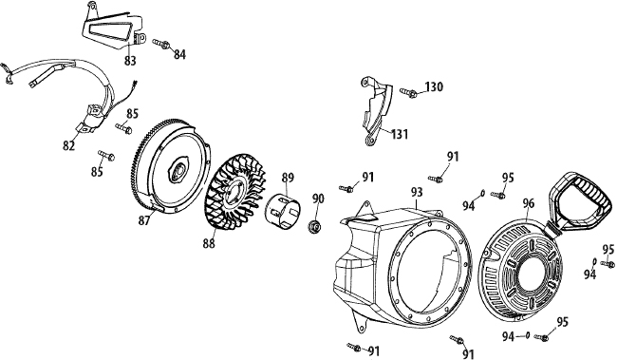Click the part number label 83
[x=130, y=61]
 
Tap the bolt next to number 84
[x=160, y=44]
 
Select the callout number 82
[x=69, y=145]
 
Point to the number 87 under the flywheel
[x=144, y=221]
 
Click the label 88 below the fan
[x=209, y=244]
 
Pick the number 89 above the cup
[x=288, y=178]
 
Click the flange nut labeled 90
[x=314, y=226]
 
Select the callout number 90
[x=318, y=199]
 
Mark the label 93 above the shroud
[x=417, y=192]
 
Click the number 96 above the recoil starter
[x=529, y=203]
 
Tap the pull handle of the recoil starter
[x=578, y=203]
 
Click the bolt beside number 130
[x=408, y=92]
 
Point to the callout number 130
[x=434, y=86]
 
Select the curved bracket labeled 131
[x=376, y=111]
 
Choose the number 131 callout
[x=400, y=134]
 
